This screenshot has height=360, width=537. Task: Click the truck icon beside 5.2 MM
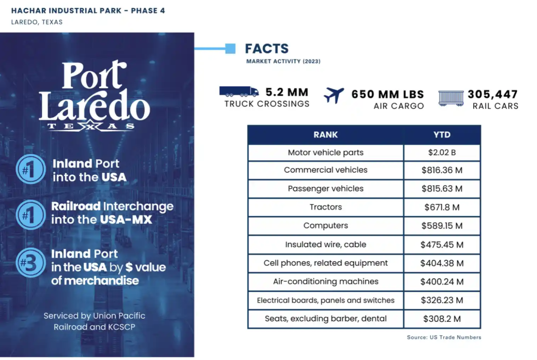[239, 91]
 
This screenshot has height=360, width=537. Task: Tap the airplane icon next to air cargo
[334, 95]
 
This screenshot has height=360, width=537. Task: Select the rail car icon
[451, 98]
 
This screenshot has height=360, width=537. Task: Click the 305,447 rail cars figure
[492, 94]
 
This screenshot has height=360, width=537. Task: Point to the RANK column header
[325, 135]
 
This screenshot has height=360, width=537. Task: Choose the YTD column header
[442, 135]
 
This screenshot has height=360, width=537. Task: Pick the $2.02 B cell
[442, 153]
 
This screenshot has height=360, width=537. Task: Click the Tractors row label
[325, 207]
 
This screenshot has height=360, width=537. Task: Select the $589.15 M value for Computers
[442, 226]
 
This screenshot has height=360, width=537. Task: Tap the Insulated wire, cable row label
[325, 244]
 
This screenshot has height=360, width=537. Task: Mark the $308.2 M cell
[442, 319]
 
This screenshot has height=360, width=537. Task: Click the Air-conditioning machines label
[325, 282]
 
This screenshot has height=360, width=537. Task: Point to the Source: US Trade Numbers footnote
[444, 338]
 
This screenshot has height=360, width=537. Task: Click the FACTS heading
[267, 49]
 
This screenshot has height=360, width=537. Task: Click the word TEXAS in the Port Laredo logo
[91, 126]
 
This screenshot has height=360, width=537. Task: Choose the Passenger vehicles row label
[325, 188]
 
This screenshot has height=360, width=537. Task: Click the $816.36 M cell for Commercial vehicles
[442, 170]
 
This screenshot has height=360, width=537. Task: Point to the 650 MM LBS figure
[388, 94]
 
